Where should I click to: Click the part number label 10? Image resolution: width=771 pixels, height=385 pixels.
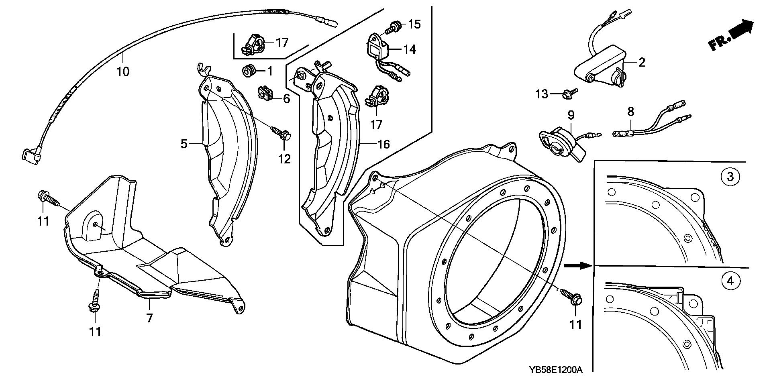coord(123,71)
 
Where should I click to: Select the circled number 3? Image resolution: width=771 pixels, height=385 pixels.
coord(730,176)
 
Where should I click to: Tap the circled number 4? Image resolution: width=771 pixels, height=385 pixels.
coord(730,281)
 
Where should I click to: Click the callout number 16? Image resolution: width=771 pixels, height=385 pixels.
coord(384,144)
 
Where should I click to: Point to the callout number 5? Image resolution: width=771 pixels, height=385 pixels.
coord(184,143)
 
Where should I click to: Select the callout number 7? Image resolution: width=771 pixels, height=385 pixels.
coord(149,318)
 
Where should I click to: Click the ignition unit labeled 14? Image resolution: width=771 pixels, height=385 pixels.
coord(379,49)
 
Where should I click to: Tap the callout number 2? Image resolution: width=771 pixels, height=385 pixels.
coord(641,62)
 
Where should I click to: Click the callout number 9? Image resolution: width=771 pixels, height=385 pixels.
coord(571,116)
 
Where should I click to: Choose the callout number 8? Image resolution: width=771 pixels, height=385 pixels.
coord(630,112)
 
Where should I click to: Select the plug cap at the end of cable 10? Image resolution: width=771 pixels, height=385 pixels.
coord(31,156)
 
